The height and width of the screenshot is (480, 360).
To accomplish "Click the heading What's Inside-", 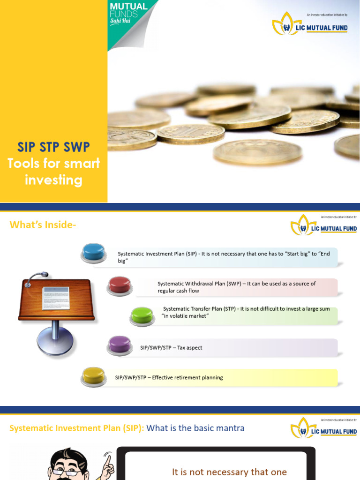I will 43,225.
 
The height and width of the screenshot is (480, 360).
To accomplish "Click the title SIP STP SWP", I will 53,147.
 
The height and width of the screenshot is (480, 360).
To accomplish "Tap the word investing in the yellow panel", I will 53,180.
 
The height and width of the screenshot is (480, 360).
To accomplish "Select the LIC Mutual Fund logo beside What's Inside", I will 324,227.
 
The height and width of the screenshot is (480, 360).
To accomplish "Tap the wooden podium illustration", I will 56,300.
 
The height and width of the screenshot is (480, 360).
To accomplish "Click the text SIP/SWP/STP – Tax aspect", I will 171,348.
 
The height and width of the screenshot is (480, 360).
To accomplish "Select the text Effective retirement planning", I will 187,377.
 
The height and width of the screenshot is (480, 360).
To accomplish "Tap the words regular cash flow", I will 179,291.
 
